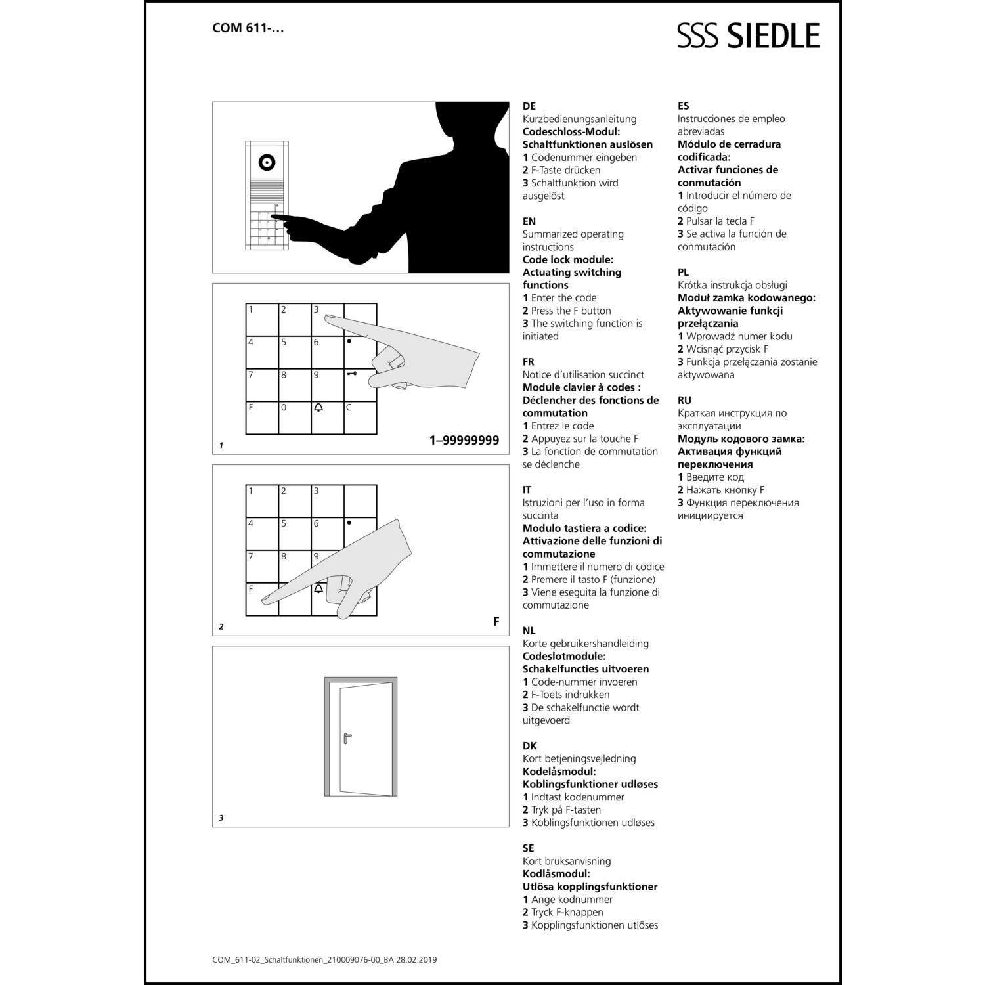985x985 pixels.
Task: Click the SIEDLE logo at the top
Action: (749, 35)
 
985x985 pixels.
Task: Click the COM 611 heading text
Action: (248, 28)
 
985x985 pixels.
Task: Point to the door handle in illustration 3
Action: (347, 737)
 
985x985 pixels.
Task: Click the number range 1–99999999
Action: (464, 441)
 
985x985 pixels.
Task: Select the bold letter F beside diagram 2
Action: (496, 621)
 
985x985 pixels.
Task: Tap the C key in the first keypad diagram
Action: (361, 418)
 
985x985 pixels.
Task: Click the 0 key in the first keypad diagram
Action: (295, 418)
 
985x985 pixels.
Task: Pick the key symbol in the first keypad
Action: (352, 374)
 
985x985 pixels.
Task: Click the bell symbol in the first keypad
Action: (319, 408)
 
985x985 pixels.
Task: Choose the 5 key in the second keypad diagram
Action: (295, 534)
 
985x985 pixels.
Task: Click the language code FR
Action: (529, 362)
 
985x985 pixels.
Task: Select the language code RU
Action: (684, 400)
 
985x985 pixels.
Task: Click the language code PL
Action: (684, 272)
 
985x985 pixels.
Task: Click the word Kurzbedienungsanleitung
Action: (579, 119)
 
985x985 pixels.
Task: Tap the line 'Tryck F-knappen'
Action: (563, 912)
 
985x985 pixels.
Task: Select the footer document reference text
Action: (324, 959)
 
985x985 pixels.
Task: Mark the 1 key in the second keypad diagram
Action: (262, 501)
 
